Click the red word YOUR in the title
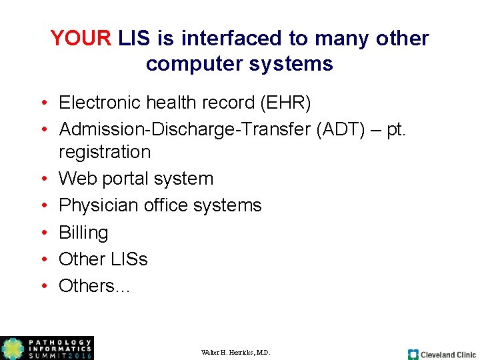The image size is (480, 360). tap(81, 38)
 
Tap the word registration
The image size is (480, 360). tap(105, 152)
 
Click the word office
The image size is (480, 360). tap(172, 205)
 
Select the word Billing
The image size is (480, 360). tap(83, 233)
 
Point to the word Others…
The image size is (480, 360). tap(94, 285)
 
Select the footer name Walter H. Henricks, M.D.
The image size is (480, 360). tap(235, 352)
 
